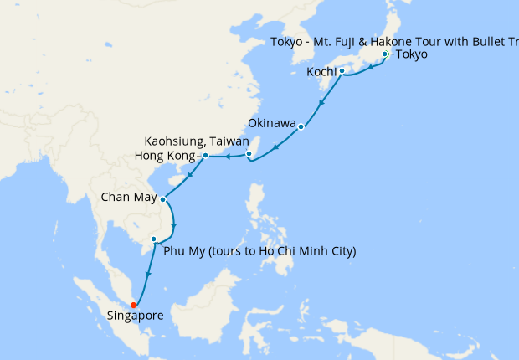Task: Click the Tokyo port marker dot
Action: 384,54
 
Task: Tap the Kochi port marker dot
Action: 342,71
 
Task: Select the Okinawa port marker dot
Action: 301,127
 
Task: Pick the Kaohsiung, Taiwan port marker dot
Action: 249,153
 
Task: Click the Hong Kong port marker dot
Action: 205,155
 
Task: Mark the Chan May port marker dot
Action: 162,199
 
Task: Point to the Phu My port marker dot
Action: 153,239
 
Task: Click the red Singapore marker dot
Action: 133,305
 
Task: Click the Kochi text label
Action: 322,72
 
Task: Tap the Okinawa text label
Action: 272,124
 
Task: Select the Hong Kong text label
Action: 164,156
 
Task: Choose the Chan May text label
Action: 127,198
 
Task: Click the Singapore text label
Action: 135,316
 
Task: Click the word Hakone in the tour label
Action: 401,42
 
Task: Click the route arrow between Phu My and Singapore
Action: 148,275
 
